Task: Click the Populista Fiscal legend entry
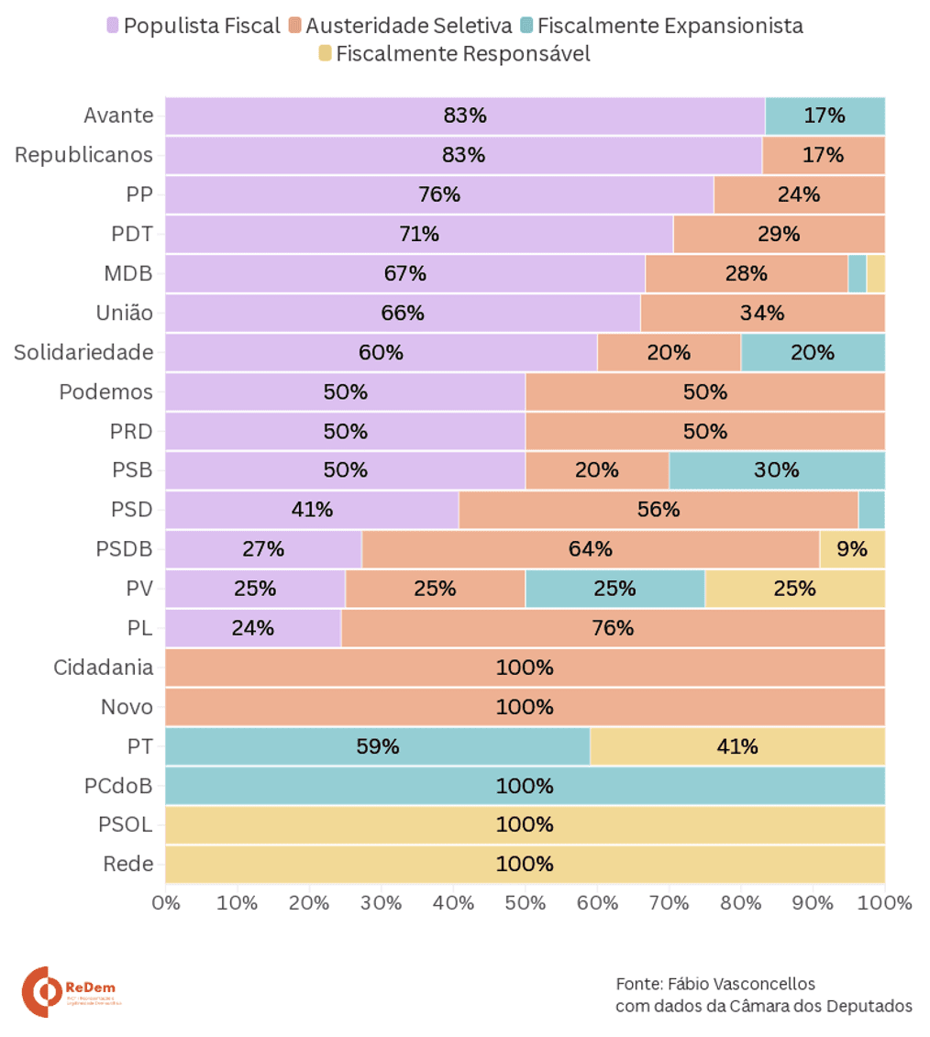(194, 26)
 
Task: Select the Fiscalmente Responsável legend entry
(453, 54)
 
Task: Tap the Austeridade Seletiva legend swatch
(294, 26)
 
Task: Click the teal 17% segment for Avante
(825, 116)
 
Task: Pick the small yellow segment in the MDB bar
(875, 273)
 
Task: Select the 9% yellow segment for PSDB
(852, 549)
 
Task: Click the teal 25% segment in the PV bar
(614, 589)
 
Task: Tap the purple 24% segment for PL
(252, 628)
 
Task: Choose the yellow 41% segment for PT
(736, 746)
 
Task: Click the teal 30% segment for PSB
(777, 470)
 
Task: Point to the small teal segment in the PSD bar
(871, 510)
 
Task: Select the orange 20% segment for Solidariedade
(669, 352)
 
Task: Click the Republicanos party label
(83, 155)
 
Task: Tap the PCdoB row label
(117, 786)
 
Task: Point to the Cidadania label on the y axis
(103, 667)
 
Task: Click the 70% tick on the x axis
(669, 903)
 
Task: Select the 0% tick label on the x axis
(165, 903)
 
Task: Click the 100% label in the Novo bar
(525, 707)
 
